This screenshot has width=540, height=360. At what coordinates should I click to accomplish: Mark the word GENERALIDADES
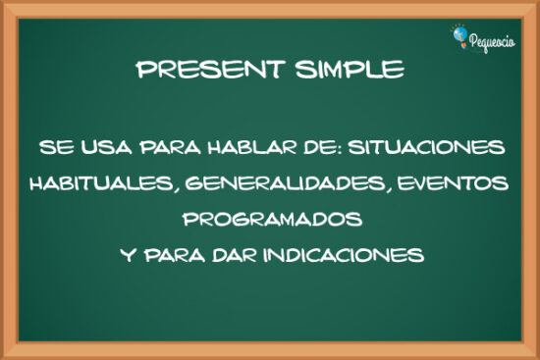click(281, 183)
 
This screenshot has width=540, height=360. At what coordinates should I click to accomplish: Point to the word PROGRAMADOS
click(271, 219)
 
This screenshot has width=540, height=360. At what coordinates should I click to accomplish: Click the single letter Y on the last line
click(126, 255)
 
